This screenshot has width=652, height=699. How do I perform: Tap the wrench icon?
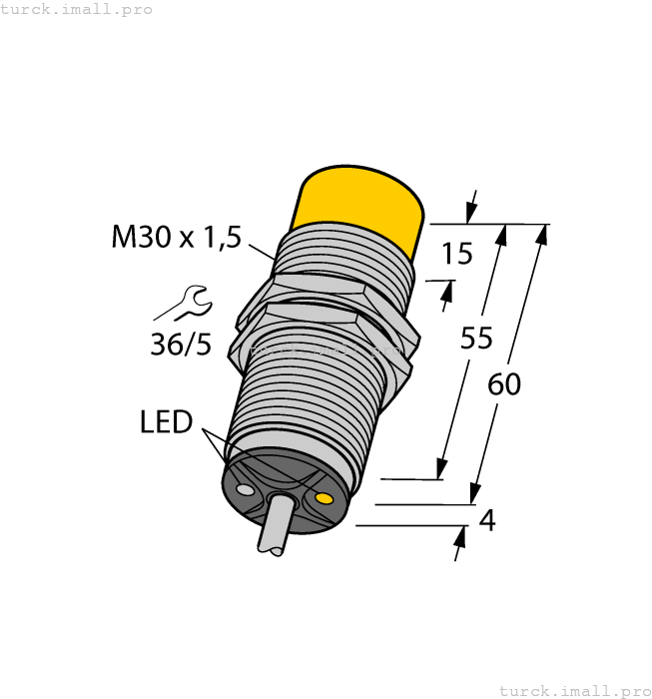point(187,302)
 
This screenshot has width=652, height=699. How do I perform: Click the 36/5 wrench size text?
point(181,345)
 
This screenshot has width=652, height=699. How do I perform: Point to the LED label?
point(166,422)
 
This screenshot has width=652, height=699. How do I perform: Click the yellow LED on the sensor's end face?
point(323,497)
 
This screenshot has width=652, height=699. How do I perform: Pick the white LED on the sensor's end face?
point(244,488)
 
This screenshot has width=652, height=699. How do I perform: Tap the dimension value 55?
point(476,340)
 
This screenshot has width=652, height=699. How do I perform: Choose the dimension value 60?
point(504,384)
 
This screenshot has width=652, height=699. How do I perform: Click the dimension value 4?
point(487,520)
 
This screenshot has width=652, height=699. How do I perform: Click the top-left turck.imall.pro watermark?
point(77,9)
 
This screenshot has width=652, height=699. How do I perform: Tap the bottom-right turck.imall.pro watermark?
point(574,690)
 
